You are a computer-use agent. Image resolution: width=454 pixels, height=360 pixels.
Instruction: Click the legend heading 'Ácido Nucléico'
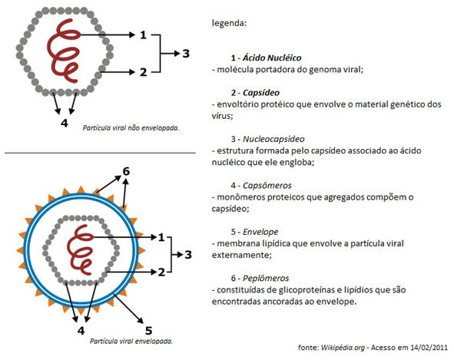272,58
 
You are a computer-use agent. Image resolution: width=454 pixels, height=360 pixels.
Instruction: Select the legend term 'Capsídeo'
261,93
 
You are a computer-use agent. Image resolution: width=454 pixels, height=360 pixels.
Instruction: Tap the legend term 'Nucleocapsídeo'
273,139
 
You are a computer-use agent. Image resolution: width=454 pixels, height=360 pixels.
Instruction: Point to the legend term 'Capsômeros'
267,185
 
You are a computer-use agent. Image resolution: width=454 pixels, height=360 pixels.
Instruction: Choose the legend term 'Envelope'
260,232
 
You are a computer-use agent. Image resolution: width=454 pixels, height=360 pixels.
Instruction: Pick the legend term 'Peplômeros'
266,278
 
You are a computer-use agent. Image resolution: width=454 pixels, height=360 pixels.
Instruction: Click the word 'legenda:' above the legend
230,23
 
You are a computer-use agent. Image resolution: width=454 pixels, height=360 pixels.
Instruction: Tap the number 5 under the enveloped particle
148,331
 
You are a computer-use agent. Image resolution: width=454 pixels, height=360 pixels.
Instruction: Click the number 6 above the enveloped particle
126,171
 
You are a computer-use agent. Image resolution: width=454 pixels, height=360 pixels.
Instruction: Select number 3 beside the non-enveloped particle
186,54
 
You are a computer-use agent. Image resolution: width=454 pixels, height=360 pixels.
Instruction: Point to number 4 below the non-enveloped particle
65,123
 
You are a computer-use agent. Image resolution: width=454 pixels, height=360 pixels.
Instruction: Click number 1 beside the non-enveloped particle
143,35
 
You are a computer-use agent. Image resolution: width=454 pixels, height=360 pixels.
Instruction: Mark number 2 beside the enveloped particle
161,272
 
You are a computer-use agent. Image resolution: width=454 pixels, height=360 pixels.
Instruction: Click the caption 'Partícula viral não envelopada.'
131,128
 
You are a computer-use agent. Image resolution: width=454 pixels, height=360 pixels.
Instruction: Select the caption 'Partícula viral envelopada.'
131,341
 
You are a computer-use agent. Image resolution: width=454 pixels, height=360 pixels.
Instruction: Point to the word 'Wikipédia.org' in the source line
343,347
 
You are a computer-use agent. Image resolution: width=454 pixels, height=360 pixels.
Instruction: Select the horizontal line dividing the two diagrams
100,153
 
